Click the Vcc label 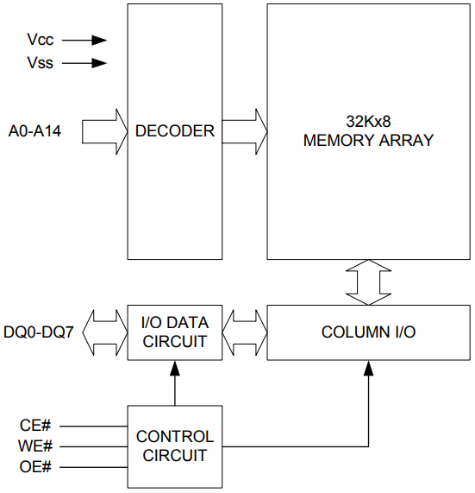pos(40,40)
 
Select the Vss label pos(40,63)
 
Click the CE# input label pos(36,425)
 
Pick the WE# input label pos(36,446)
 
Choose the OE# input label pos(36,468)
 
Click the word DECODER pos(174,132)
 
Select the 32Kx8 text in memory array pos(368,122)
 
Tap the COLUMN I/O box pos(368,332)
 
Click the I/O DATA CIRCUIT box pos(174,332)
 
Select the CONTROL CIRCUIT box pos(174,446)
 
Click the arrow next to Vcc pos(84,40)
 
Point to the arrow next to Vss pos(84,63)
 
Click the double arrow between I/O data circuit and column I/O pos(245,332)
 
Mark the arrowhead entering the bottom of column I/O pos(368,368)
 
